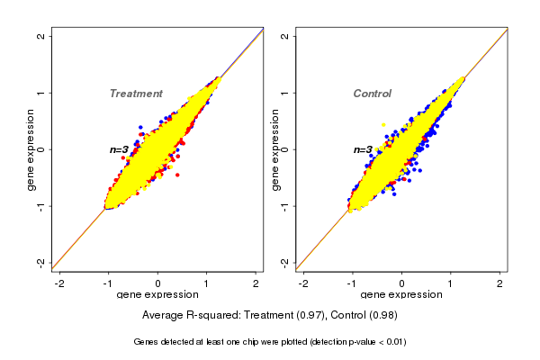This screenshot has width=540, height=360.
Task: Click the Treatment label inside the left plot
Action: click(x=136, y=94)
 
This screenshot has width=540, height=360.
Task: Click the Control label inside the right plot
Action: click(x=372, y=94)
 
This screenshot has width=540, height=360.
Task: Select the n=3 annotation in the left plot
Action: click(x=120, y=149)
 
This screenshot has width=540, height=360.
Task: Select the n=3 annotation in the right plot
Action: click(x=363, y=149)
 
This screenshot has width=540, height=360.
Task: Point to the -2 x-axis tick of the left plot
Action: click(x=59, y=283)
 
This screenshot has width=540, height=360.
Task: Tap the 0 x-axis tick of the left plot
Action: click(x=158, y=283)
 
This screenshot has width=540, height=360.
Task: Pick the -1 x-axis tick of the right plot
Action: click(x=352, y=283)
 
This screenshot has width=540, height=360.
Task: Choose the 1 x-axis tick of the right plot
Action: click(x=451, y=283)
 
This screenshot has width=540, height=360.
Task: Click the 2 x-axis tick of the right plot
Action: click(x=499, y=283)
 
